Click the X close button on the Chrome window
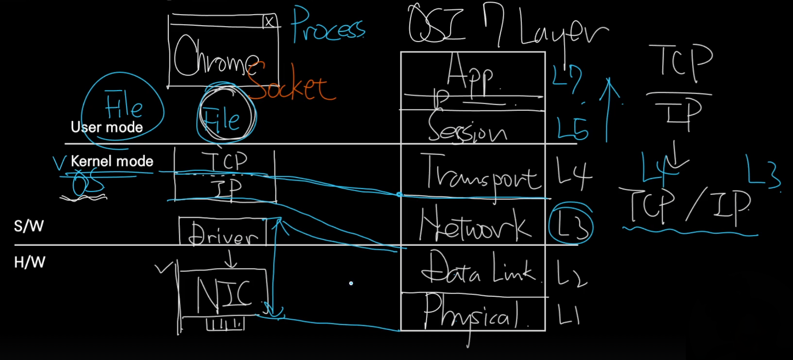coord(269,21)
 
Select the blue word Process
coord(328,27)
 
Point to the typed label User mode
coord(107,128)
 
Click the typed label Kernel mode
coord(112,161)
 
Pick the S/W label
coord(29,226)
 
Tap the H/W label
coord(29,263)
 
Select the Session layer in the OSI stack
coord(467,128)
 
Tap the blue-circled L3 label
coord(571,224)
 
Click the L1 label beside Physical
coord(569,316)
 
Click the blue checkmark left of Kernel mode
coord(59,163)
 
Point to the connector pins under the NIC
coord(225,325)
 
